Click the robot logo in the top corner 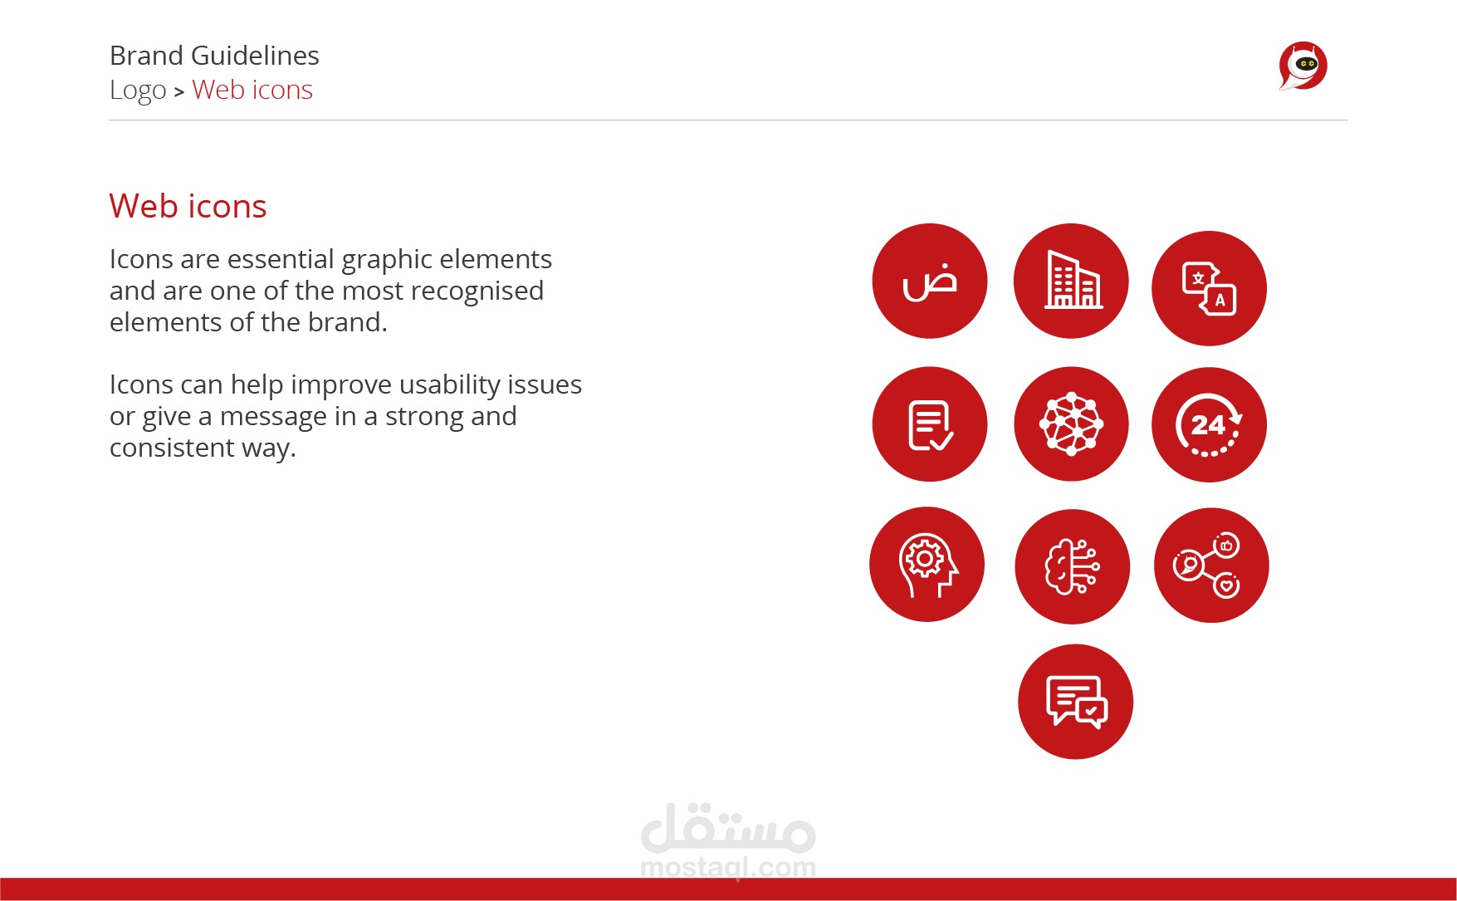coord(1303,66)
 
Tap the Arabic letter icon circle coord(930,281)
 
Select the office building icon coord(1071,281)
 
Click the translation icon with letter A coord(1209,288)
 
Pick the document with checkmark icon coord(930,424)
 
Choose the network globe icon coord(1071,424)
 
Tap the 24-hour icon coord(1209,424)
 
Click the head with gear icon coord(927,565)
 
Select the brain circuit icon coord(1072,566)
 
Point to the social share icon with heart coord(1211,566)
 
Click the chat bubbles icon coord(1075,702)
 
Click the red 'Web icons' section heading coord(188,206)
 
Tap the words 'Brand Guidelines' coord(214,56)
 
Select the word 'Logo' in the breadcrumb coord(138,91)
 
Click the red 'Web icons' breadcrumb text coord(252,90)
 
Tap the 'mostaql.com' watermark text coord(728,868)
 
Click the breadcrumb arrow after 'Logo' coord(178,92)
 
